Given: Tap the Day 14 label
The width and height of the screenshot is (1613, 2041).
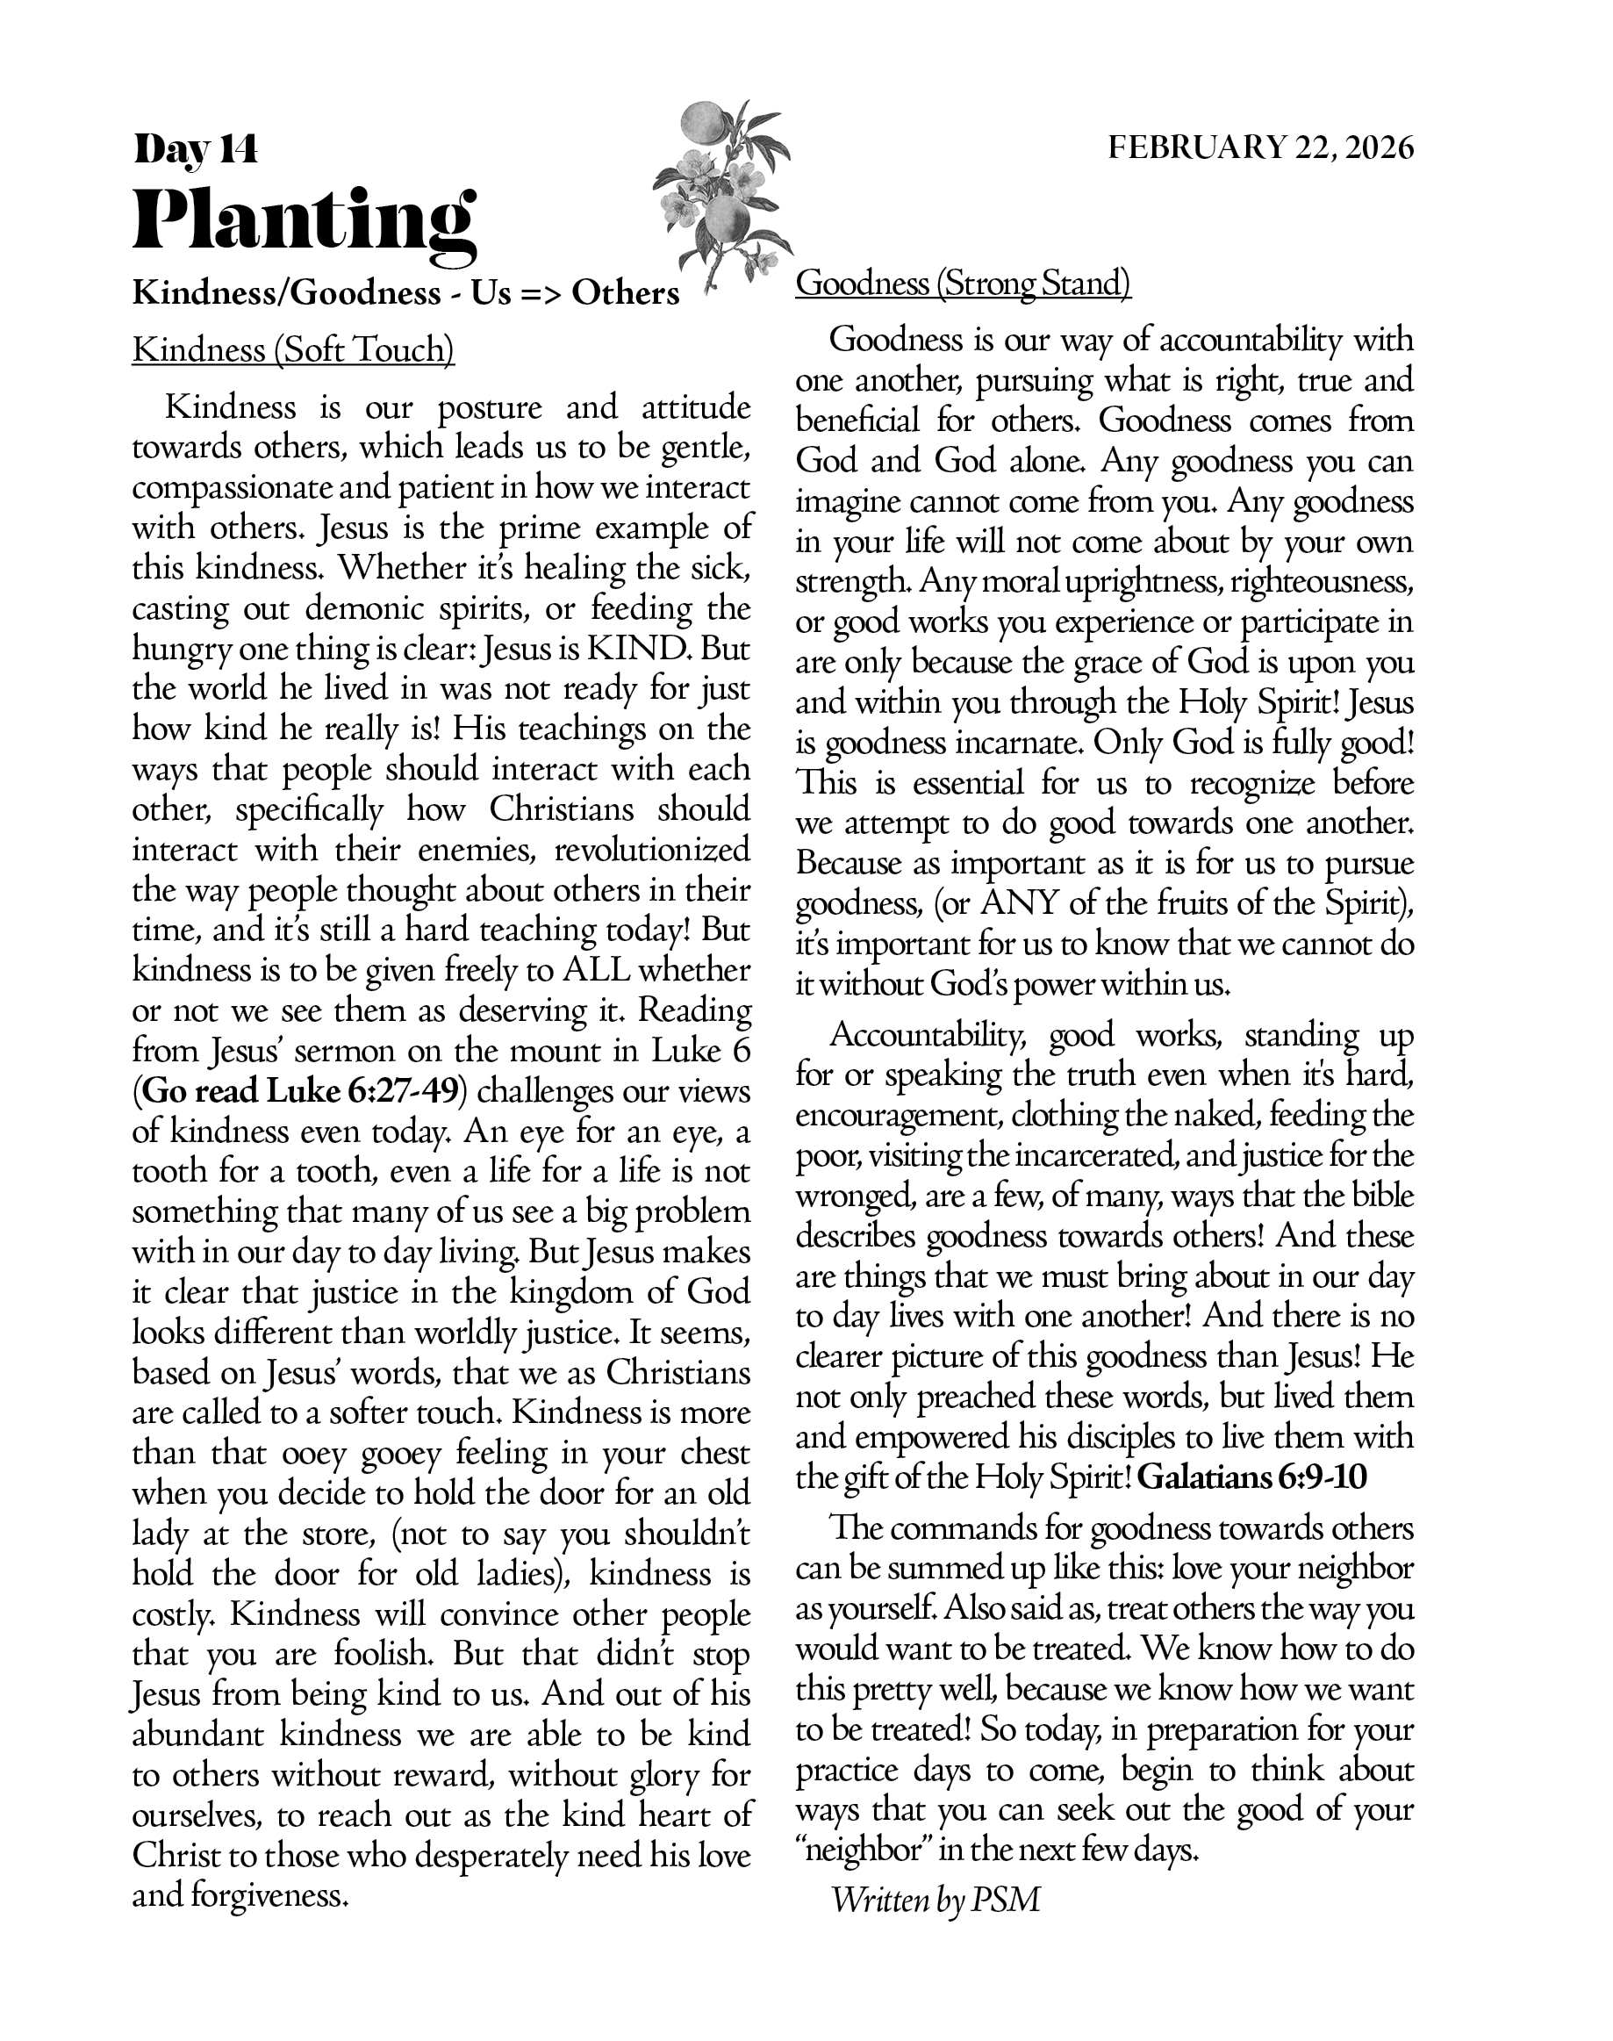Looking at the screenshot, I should pos(196,149).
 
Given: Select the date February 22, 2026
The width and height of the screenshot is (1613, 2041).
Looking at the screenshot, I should pos(1261,148).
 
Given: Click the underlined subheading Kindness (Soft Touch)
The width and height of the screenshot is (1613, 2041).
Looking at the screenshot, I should pos(293,350).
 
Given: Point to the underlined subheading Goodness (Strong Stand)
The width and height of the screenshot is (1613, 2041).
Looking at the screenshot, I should pos(963,284).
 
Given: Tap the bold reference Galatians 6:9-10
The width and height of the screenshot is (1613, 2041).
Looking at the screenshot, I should pos(1251,1477).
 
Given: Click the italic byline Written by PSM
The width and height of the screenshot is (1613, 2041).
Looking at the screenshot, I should pos(935,1901).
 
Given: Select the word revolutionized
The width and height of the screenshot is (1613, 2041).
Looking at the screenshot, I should pos(652,851).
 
